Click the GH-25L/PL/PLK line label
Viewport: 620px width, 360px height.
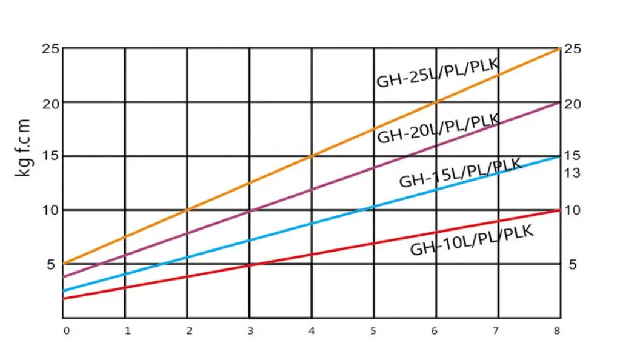pyautogui.click(x=438, y=73)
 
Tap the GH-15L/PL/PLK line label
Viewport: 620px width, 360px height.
pyautogui.click(x=461, y=173)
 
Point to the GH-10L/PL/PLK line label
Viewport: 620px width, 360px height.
pyautogui.click(x=472, y=241)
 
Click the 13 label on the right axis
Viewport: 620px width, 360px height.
pyautogui.click(x=572, y=173)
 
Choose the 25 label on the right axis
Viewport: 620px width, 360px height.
pyautogui.click(x=572, y=49)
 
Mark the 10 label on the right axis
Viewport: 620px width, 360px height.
pyautogui.click(x=572, y=210)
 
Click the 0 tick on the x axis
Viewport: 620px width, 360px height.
pyautogui.click(x=67, y=331)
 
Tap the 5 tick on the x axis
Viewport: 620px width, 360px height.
pyautogui.click(x=374, y=331)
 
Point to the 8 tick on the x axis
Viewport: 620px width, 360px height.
pyautogui.click(x=557, y=331)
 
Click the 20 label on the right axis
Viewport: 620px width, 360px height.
pyautogui.click(x=572, y=104)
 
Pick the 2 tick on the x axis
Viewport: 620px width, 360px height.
pyautogui.click(x=189, y=331)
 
